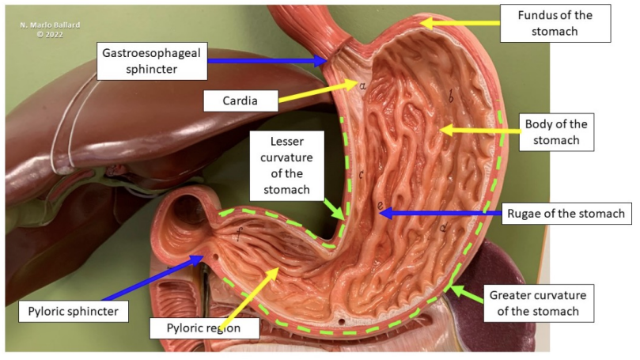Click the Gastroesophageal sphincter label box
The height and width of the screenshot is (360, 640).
[x=152, y=61]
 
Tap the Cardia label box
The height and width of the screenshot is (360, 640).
[x=240, y=100]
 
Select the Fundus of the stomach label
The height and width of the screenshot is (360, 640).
[x=555, y=23]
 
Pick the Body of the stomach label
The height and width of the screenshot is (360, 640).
[x=556, y=132]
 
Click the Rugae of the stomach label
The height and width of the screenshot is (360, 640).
[x=566, y=214]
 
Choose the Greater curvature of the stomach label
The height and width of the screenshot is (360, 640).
[x=539, y=303]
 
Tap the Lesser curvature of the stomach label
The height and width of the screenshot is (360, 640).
[x=287, y=165]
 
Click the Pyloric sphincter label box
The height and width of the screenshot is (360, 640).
[x=74, y=312]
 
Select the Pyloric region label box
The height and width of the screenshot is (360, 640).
[x=204, y=328]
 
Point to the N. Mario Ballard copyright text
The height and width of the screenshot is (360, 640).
[x=50, y=29]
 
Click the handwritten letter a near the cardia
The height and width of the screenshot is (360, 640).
[x=362, y=85]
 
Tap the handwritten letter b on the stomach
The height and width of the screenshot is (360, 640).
[x=451, y=97]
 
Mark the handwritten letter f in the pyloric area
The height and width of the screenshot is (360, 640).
[x=239, y=234]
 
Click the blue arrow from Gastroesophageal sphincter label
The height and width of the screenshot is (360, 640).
[x=267, y=61]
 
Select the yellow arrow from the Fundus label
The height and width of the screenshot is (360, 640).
[x=460, y=23]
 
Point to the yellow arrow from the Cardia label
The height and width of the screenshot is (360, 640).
[x=318, y=91]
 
